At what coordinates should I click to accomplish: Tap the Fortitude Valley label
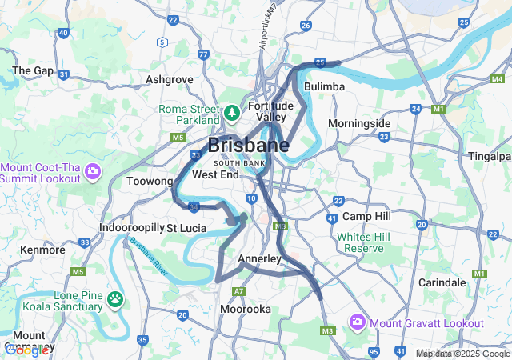(271, 111)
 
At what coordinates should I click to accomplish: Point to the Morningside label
(359, 123)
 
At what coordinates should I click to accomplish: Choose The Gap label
(33, 70)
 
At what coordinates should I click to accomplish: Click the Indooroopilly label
(132, 228)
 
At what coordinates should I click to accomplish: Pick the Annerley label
(259, 258)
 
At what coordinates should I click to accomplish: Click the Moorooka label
(245, 309)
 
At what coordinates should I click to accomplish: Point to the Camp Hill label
(366, 216)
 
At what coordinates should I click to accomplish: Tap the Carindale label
(442, 282)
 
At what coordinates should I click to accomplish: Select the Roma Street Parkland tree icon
(232, 113)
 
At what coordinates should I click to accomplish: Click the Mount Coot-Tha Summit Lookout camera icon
(93, 171)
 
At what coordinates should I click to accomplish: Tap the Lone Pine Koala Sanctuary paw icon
(116, 300)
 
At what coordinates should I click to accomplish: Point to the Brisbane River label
(146, 254)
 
